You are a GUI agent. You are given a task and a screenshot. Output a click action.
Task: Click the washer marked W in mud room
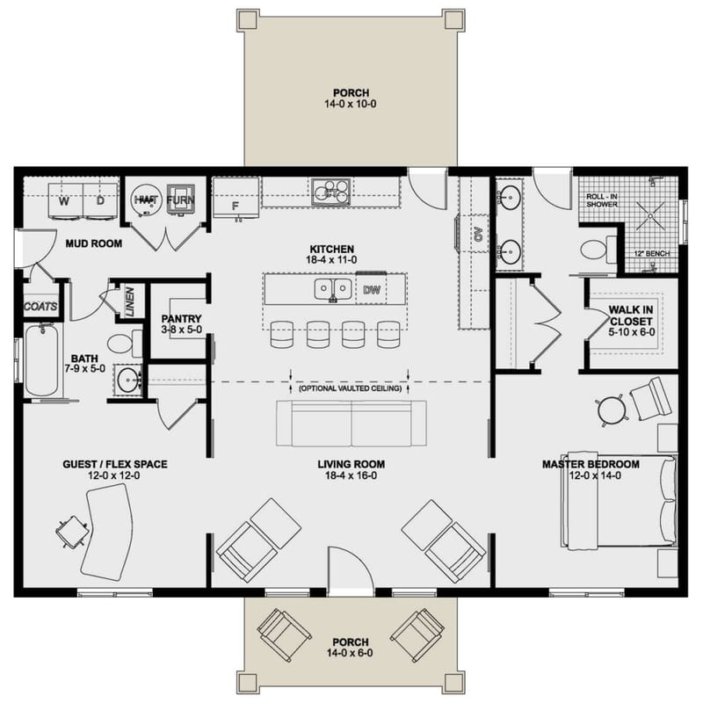click(x=63, y=200)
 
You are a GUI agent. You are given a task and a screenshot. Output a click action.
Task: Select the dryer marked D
click(x=99, y=200)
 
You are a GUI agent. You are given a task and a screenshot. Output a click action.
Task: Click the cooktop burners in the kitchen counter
click(x=330, y=189)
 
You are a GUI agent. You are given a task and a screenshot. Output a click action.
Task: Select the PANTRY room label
click(x=182, y=319)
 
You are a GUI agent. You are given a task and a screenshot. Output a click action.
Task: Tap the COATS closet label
click(x=40, y=308)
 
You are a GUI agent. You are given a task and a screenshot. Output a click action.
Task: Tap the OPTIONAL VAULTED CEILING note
click(x=351, y=388)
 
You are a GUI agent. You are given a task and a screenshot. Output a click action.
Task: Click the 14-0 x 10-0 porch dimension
click(x=351, y=105)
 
